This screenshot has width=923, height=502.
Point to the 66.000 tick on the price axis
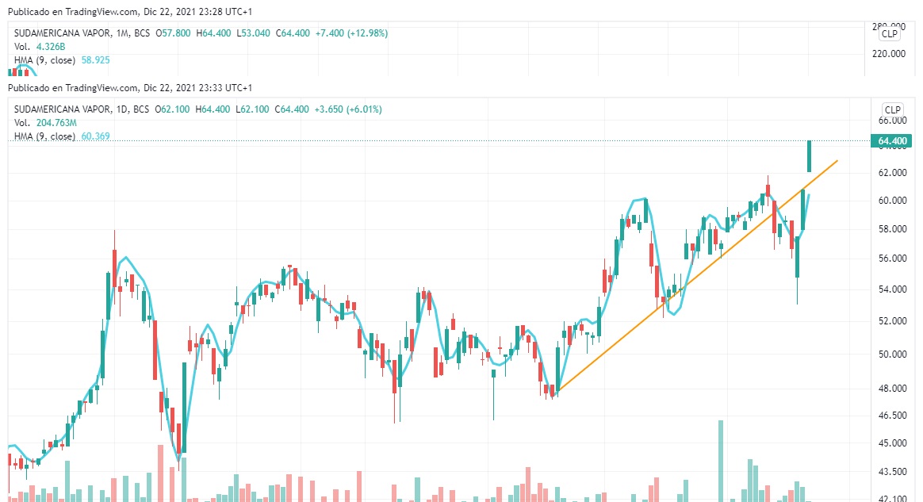pyautogui.click(x=892, y=121)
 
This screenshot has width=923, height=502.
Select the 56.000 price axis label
pyautogui.click(x=892, y=259)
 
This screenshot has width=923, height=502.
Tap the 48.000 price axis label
pyautogui.click(x=892, y=388)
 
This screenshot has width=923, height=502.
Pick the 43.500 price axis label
pyautogui.click(x=892, y=472)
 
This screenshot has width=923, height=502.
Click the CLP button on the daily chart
pyautogui.click(x=892, y=109)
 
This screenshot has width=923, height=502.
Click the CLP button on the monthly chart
pyautogui.click(x=890, y=33)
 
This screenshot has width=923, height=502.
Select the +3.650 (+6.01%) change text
pyautogui.click(x=348, y=109)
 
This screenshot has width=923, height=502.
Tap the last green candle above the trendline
pyautogui.click(x=810, y=155)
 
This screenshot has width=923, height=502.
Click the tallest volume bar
pyautogui.click(x=721, y=460)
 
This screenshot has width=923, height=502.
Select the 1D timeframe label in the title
pyautogui.click(x=117, y=109)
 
